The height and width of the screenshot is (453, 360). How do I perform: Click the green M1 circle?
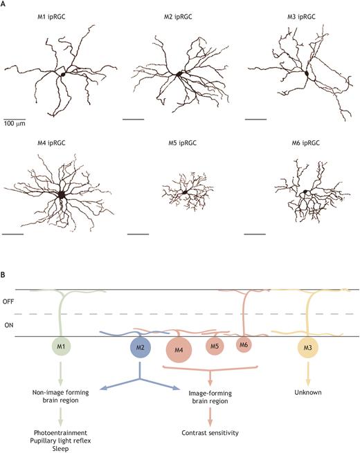pos(61,346)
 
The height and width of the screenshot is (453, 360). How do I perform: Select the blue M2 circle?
pos(141,347)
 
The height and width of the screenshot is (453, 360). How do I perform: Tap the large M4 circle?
pos(179,350)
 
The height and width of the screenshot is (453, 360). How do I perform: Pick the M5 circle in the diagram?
pos(215,346)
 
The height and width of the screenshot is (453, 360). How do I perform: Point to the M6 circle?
pos(244,344)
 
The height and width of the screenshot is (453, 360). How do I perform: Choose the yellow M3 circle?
pos(308,347)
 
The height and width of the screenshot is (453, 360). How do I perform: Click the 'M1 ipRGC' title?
pos(51,17)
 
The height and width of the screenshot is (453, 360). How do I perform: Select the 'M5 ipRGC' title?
pos(182,143)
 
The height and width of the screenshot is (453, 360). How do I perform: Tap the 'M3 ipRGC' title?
pos(301,17)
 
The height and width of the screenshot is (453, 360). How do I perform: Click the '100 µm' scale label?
pos(15,124)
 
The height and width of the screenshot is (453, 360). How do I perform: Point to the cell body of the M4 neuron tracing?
pos(61,194)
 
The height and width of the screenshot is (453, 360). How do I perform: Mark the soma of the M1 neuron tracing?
pos(63,74)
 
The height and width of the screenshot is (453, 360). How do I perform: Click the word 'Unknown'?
pos(308,392)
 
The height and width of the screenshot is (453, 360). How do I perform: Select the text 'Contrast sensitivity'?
pos(210,433)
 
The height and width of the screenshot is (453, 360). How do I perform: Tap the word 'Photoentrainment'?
pos(60,433)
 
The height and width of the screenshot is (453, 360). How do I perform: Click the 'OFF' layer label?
pos(8,302)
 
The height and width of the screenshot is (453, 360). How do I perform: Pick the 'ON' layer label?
pos(9,325)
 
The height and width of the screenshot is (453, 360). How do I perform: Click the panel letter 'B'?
pos(2,275)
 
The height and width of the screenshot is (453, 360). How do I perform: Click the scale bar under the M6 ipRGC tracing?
pos(255,234)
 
